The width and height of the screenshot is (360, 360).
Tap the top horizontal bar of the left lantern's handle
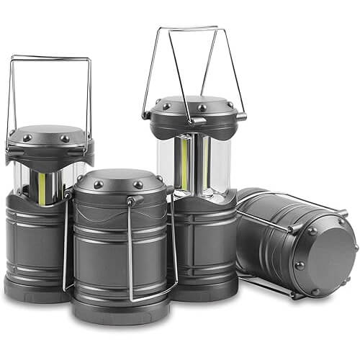(50, 58)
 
